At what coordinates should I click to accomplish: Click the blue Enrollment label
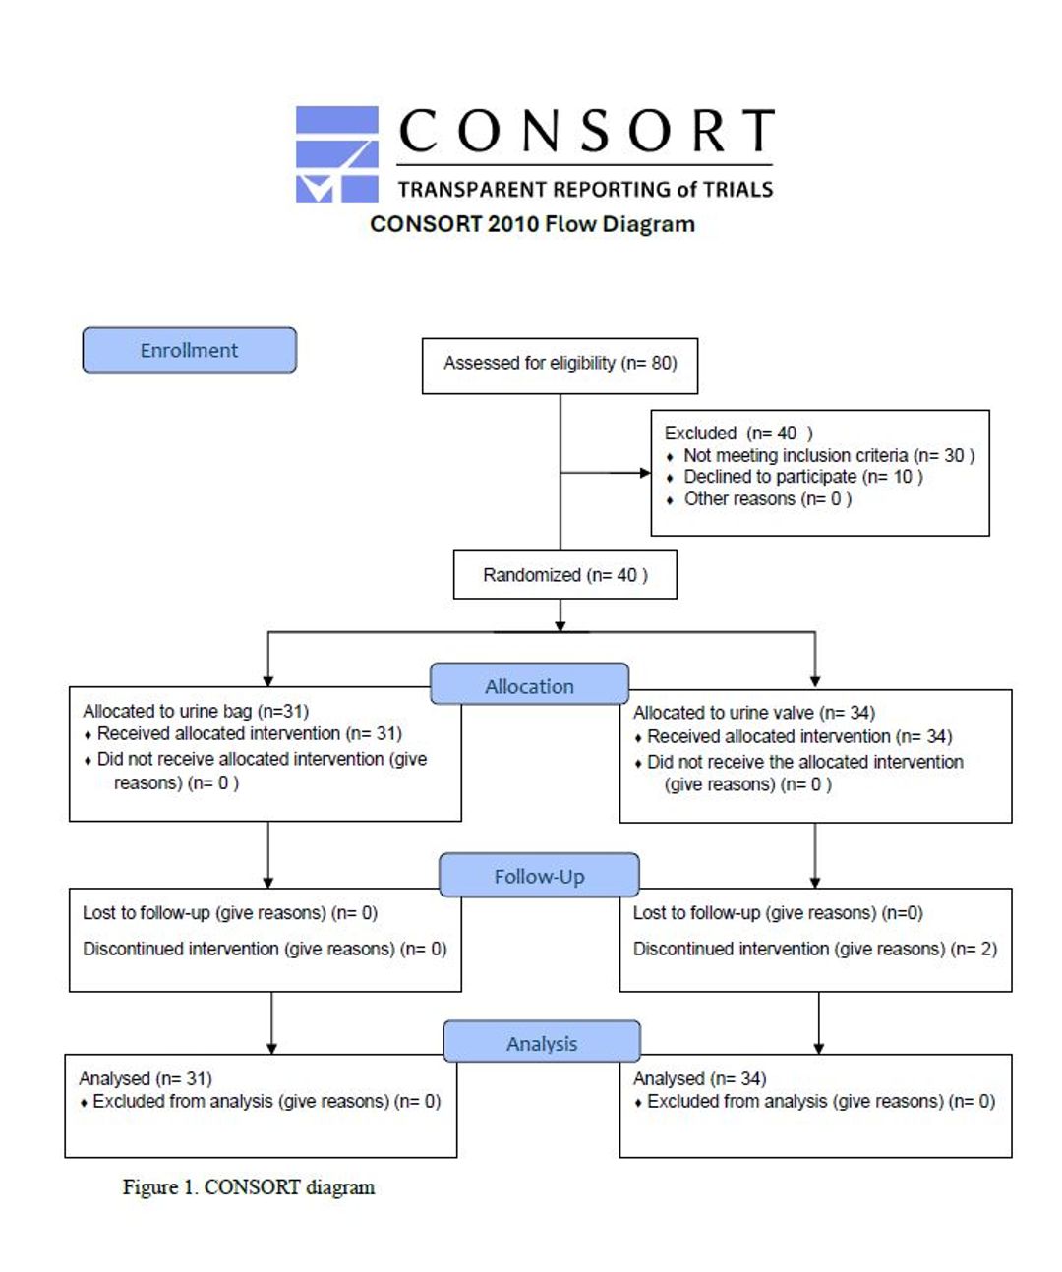click(x=190, y=350)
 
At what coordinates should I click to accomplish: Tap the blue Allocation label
click(x=529, y=683)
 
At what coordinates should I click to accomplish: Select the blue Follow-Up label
click(x=539, y=874)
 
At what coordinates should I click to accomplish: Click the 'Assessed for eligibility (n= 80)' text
click(x=560, y=363)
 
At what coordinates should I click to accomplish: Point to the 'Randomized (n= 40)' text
click(x=564, y=575)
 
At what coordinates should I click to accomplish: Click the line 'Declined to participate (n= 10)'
click(x=803, y=477)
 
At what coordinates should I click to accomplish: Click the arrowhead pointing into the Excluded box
click(x=645, y=473)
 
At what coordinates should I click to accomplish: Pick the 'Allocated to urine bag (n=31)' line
click(x=196, y=711)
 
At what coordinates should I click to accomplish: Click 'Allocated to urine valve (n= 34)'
click(x=753, y=712)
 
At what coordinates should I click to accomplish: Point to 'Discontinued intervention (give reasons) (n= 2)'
click(x=814, y=949)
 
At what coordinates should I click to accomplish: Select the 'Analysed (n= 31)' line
click(x=145, y=1078)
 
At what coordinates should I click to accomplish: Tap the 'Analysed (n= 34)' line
click(x=699, y=1078)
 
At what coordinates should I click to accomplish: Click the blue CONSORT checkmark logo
click(x=337, y=154)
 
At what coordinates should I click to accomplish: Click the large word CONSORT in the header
click(x=586, y=130)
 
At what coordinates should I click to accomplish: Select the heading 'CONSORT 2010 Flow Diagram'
click(x=532, y=223)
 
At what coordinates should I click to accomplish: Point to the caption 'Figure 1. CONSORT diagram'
click(x=249, y=1186)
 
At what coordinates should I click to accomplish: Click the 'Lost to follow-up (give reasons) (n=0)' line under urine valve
click(x=778, y=912)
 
